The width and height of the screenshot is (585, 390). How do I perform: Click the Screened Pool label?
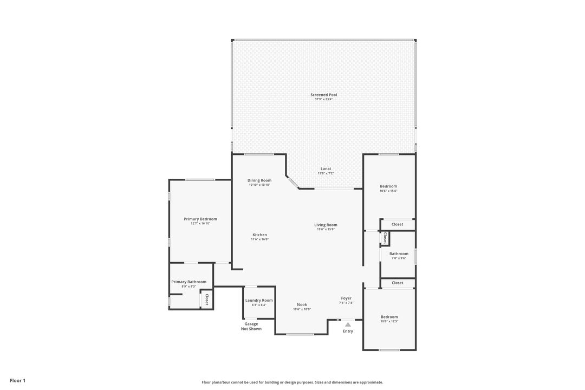pos(324,95)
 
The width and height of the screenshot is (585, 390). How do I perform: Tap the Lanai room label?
pos(326,168)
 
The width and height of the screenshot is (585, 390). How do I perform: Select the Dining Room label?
pos(259,180)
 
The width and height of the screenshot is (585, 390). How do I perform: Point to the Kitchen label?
pos(259,235)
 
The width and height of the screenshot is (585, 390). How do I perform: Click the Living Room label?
pos(326,225)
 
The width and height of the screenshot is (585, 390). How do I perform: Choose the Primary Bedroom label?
pos(200,219)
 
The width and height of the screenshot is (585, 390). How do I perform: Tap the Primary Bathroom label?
pos(188,282)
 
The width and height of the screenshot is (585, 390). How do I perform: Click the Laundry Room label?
pos(259,300)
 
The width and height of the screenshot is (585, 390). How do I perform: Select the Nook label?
pos(302,304)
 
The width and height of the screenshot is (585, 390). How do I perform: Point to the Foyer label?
pos(346,298)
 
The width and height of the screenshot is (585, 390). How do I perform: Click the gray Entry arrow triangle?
pos(348,324)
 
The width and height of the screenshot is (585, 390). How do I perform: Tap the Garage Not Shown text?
pos(251,326)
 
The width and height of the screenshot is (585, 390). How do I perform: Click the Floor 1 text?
pos(17,381)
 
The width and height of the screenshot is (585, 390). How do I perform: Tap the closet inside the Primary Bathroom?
pos(206,300)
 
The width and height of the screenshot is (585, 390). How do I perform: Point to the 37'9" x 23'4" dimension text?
pos(324,100)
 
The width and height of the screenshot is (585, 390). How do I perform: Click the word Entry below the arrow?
pos(348,331)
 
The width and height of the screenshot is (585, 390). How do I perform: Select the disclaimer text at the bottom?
pos(292,382)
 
